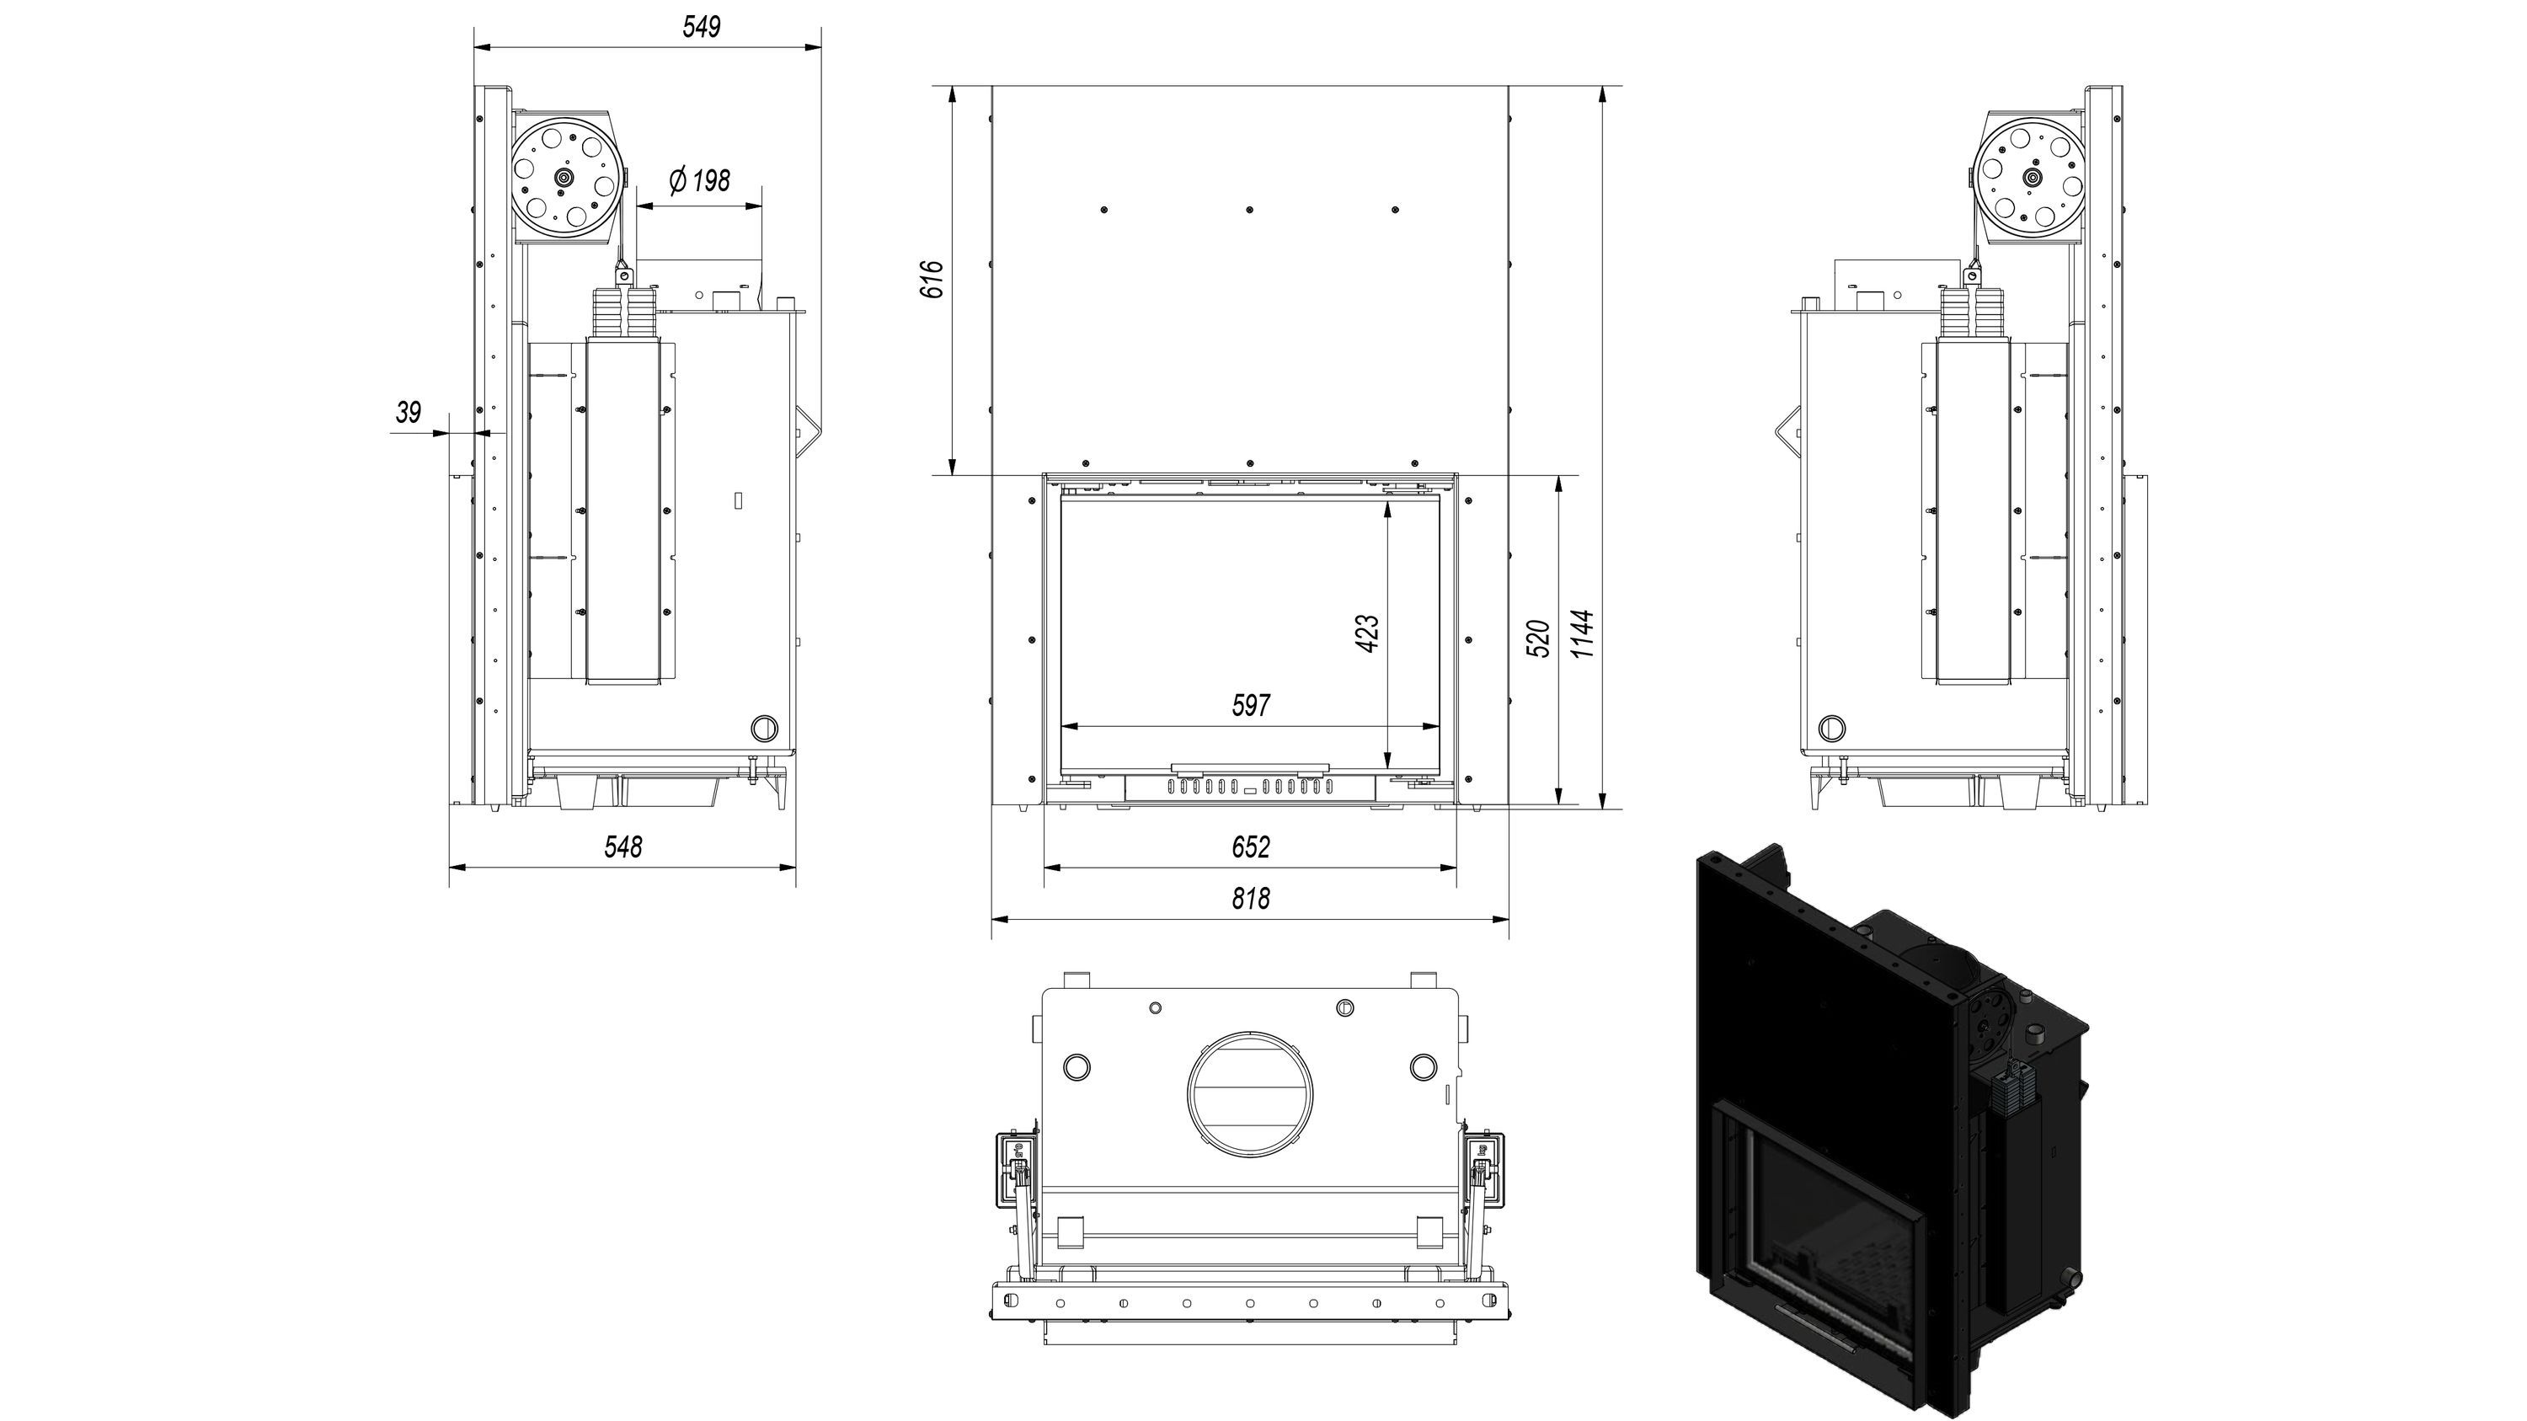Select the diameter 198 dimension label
click(x=699, y=181)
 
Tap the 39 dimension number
click(x=408, y=412)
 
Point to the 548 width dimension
click(x=623, y=847)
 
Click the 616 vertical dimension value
click(x=933, y=280)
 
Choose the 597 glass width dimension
click(x=1251, y=705)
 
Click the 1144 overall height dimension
click(x=1582, y=633)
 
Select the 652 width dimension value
click(x=1251, y=847)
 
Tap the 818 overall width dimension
click(x=1251, y=898)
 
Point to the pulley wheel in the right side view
click(x=2032, y=178)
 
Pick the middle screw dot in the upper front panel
click(x=1250, y=210)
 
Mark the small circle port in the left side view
click(x=762, y=728)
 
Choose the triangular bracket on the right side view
click(x=1787, y=432)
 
